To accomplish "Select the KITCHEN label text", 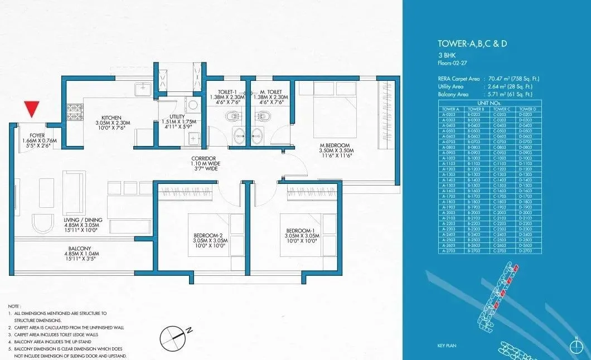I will click(x=112, y=117).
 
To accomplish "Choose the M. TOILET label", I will click(x=270, y=91).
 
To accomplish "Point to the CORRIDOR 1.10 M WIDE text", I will click(x=203, y=164).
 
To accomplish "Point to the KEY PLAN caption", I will click(x=447, y=346).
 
